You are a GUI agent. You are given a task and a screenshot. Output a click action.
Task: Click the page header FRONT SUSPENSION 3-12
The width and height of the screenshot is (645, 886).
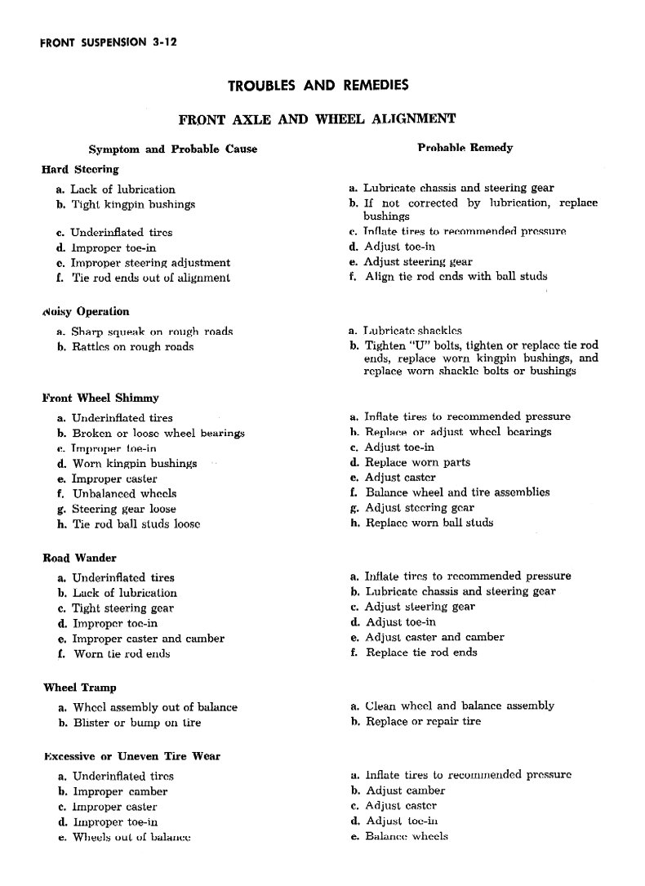coord(109,43)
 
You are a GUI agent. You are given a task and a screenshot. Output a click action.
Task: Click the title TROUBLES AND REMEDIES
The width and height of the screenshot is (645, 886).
coord(318,85)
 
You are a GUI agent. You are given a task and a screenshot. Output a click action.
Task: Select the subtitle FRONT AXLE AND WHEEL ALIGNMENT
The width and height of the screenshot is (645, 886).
coord(317,119)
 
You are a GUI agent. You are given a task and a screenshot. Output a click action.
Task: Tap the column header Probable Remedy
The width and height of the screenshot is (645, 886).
coord(465,148)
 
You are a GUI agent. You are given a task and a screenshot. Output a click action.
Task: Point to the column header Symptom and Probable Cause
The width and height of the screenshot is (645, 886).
coord(172,149)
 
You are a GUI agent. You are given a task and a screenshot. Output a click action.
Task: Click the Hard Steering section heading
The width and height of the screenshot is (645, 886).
coord(80,170)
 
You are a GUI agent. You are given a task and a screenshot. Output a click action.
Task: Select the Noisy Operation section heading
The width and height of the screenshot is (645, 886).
coord(86,312)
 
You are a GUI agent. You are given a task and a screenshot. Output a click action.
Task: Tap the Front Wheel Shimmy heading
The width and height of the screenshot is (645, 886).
coord(100,398)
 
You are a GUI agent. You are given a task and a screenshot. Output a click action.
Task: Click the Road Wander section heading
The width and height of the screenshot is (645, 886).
coord(79,559)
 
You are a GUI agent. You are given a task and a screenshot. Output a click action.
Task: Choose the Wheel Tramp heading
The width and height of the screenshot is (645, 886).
coord(79,688)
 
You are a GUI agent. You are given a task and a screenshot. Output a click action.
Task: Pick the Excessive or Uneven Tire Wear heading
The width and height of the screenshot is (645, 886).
coord(131,757)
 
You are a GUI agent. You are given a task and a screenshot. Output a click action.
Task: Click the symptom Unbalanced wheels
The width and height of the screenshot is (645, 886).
coord(124,494)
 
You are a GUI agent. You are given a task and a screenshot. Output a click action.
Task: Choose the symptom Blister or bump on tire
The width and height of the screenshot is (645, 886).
coord(136,723)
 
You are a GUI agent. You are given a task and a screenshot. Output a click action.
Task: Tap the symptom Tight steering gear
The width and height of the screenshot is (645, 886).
coord(123,608)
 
